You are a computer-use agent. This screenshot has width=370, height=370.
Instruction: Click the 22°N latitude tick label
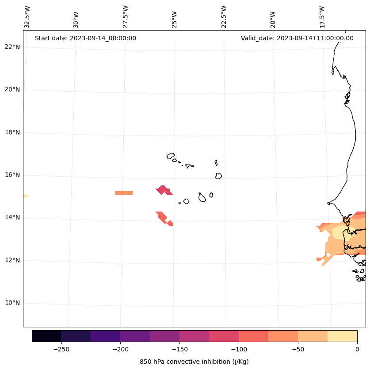coord(12,47)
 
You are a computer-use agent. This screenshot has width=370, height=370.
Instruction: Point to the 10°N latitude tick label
coord(12,303)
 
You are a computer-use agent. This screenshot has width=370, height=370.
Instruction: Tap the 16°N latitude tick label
coord(12,175)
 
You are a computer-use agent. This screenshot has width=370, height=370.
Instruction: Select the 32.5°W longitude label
coord(27,17)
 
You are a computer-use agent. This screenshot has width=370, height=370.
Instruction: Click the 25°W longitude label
coord(175,19)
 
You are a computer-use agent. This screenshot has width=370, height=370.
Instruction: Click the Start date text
coord(85,38)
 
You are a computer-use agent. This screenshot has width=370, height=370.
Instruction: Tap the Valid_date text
coord(297,38)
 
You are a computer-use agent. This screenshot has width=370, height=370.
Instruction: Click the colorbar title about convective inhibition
coord(194,362)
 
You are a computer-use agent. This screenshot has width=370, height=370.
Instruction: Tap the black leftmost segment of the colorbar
coord(46,336)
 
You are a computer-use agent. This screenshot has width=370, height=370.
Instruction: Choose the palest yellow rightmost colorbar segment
coord(342,336)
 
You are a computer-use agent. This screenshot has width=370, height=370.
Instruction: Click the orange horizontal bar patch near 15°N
coord(124,193)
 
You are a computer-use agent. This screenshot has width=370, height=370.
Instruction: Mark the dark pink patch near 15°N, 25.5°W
coord(164,190)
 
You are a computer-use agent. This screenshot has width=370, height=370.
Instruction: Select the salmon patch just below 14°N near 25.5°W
coord(162,217)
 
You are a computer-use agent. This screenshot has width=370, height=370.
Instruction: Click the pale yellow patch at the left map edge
coord(25,196)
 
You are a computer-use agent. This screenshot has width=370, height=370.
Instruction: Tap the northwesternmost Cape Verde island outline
coord(171,156)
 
